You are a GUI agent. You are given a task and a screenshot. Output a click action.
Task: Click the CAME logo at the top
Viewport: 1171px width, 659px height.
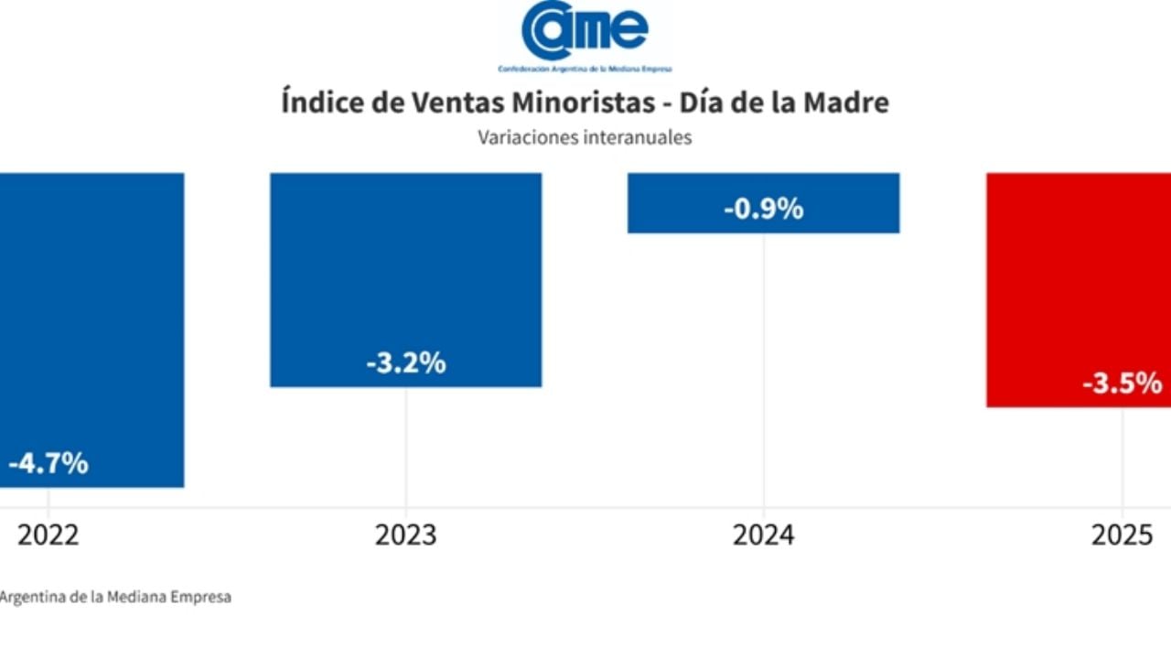(x=585, y=31)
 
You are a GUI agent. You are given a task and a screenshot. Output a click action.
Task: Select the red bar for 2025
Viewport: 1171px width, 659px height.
(x=1078, y=275)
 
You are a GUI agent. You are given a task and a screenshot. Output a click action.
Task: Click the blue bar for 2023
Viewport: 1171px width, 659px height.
(x=405, y=265)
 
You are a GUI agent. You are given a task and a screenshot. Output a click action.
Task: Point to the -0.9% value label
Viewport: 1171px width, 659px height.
(x=763, y=209)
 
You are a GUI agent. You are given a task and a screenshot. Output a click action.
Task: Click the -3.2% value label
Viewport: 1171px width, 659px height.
(x=405, y=363)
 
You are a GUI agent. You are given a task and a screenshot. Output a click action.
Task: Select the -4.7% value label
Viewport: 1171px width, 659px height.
(x=48, y=463)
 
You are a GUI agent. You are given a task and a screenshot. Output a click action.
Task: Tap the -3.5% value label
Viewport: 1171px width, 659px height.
(x=1122, y=384)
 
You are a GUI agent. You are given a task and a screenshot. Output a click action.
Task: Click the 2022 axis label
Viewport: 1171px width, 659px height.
(x=48, y=535)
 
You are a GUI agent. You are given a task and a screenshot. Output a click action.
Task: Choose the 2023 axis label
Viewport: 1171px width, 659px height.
(x=405, y=535)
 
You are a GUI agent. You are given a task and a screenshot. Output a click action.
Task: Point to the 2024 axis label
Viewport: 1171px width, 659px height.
(x=763, y=535)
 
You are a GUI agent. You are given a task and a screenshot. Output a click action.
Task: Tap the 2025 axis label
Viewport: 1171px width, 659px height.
(x=1122, y=535)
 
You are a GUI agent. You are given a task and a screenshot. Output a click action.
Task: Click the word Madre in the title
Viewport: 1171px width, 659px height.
(x=845, y=103)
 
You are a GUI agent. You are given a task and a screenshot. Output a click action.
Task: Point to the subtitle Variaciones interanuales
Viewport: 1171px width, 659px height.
(x=585, y=138)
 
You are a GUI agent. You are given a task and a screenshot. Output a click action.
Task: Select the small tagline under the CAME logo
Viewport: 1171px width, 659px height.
(x=585, y=70)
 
